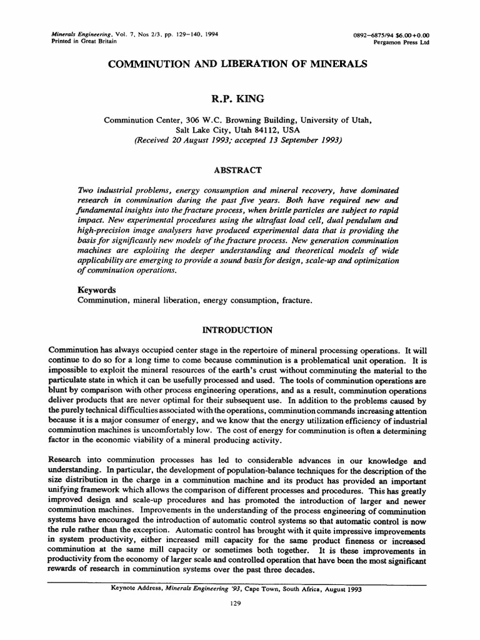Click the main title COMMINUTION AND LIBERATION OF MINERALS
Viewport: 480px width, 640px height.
tap(238, 64)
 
